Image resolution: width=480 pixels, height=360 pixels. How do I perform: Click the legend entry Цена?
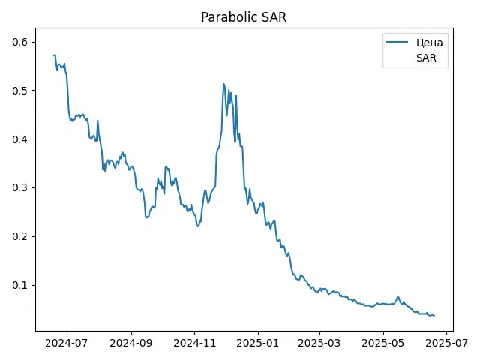(x=430, y=43)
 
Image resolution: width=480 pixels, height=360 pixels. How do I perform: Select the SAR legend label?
(x=425, y=58)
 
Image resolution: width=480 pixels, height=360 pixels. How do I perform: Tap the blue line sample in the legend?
(x=397, y=43)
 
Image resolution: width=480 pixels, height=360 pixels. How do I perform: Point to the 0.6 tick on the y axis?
(x=21, y=43)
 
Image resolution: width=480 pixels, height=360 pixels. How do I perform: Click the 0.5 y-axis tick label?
(x=21, y=91)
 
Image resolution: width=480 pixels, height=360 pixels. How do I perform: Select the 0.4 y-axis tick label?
(x=21, y=139)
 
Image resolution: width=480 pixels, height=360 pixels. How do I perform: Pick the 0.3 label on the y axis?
(x=21, y=188)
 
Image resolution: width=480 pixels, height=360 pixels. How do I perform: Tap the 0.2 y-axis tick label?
(x=21, y=237)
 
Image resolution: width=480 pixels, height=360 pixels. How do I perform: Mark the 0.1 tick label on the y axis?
(x=21, y=285)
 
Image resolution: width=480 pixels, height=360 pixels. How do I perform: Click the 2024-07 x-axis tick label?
(x=67, y=345)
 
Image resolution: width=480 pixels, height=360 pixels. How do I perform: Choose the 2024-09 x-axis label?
(x=131, y=345)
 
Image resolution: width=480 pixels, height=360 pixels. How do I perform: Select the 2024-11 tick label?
(x=194, y=345)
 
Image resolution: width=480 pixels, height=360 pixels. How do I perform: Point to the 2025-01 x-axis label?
(x=257, y=345)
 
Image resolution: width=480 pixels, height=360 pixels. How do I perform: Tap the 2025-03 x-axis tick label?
(x=319, y=345)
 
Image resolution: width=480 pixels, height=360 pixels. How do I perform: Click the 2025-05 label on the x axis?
(x=382, y=345)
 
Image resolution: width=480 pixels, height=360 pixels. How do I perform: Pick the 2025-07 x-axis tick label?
(x=446, y=345)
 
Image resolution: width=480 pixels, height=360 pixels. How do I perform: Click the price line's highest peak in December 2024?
(x=223, y=84)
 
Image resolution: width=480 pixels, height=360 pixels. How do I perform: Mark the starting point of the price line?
(x=54, y=55)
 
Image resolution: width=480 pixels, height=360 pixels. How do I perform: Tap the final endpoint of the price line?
(x=434, y=315)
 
